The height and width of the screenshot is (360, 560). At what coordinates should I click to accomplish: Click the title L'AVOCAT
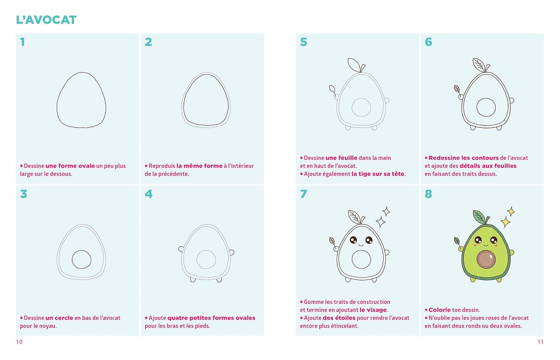pos(46,20)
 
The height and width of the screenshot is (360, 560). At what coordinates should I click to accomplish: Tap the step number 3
pos(24,194)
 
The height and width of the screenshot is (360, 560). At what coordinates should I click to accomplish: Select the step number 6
pos(428,42)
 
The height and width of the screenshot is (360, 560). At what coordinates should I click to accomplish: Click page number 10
pos(19,342)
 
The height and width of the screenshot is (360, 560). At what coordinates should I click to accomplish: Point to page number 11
pos(541,342)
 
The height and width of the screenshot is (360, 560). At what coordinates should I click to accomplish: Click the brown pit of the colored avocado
pos(486,259)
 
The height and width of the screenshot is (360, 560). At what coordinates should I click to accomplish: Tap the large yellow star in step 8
pos(505,222)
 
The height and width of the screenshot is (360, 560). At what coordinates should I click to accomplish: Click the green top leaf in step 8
pos(479,217)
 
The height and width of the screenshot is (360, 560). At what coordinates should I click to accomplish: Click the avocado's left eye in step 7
pos(353,240)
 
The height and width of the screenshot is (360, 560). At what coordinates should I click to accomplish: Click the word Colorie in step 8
pos(439,310)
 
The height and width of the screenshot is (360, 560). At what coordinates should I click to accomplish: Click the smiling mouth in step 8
pos(486,245)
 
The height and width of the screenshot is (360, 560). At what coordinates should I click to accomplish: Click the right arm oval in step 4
pos(232,253)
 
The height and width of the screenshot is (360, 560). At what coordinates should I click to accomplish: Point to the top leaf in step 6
pos(479,64)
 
